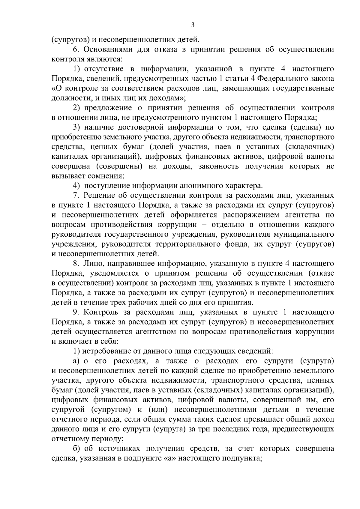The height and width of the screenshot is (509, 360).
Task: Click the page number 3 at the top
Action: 193,25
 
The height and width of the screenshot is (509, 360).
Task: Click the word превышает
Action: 263,419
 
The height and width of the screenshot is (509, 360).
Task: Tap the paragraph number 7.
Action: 76,196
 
